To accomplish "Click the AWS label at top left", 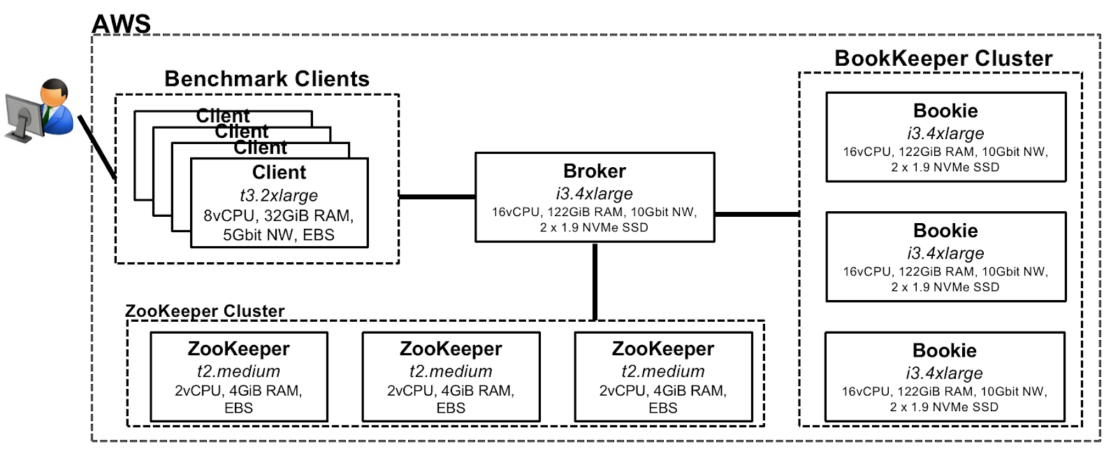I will pyautogui.click(x=122, y=24).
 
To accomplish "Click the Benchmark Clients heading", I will pyautogui.click(x=266, y=79).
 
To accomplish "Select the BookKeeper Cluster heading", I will pyautogui.click(x=943, y=59).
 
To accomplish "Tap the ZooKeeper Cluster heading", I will pyautogui.click(x=205, y=311).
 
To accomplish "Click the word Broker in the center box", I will pyautogui.click(x=594, y=171).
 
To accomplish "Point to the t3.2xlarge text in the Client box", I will pyautogui.click(x=278, y=196).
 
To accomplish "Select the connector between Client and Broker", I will pyautogui.click(x=437, y=197).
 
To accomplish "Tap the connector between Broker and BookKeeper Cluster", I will pyautogui.click(x=757, y=214).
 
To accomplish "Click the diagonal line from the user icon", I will pyautogui.click(x=96, y=148).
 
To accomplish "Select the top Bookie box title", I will pyautogui.click(x=945, y=111).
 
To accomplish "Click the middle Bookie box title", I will pyautogui.click(x=945, y=231).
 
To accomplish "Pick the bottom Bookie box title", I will pyautogui.click(x=945, y=350).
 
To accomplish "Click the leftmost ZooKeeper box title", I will pyautogui.click(x=238, y=349).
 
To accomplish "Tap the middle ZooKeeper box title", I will pyautogui.click(x=451, y=349).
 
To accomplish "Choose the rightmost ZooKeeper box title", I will pyautogui.click(x=662, y=349).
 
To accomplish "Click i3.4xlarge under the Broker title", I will pyautogui.click(x=594, y=194).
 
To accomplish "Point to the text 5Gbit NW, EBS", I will pyautogui.click(x=278, y=235).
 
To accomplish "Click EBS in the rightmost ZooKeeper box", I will pyautogui.click(x=662, y=408).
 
